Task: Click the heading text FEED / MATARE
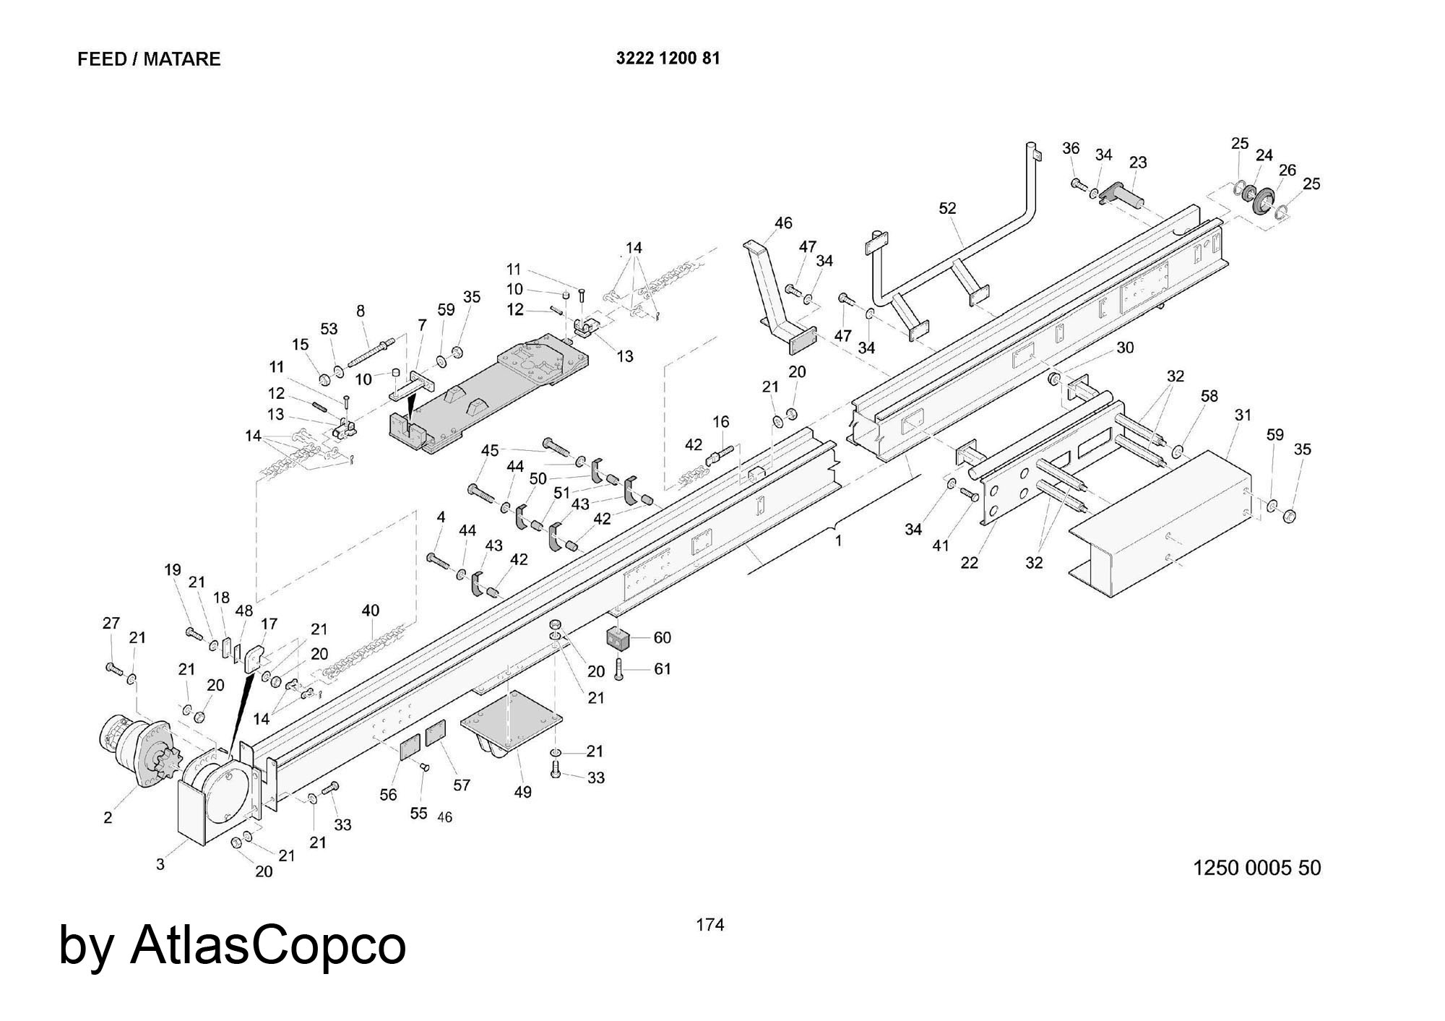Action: point(149,59)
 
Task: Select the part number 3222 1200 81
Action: point(668,59)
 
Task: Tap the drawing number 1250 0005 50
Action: point(1256,867)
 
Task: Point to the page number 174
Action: point(709,925)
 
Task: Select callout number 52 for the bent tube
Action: point(947,208)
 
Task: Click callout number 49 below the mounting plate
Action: point(522,792)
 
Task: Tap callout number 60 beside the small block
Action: point(662,637)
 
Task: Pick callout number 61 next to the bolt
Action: point(663,669)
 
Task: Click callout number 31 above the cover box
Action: point(1243,415)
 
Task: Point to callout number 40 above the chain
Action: point(370,611)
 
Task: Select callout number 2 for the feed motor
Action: point(108,818)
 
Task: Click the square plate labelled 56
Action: point(410,745)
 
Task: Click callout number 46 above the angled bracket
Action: point(783,223)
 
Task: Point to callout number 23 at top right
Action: point(1138,163)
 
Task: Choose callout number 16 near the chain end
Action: point(720,421)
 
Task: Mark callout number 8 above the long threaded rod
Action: point(361,311)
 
